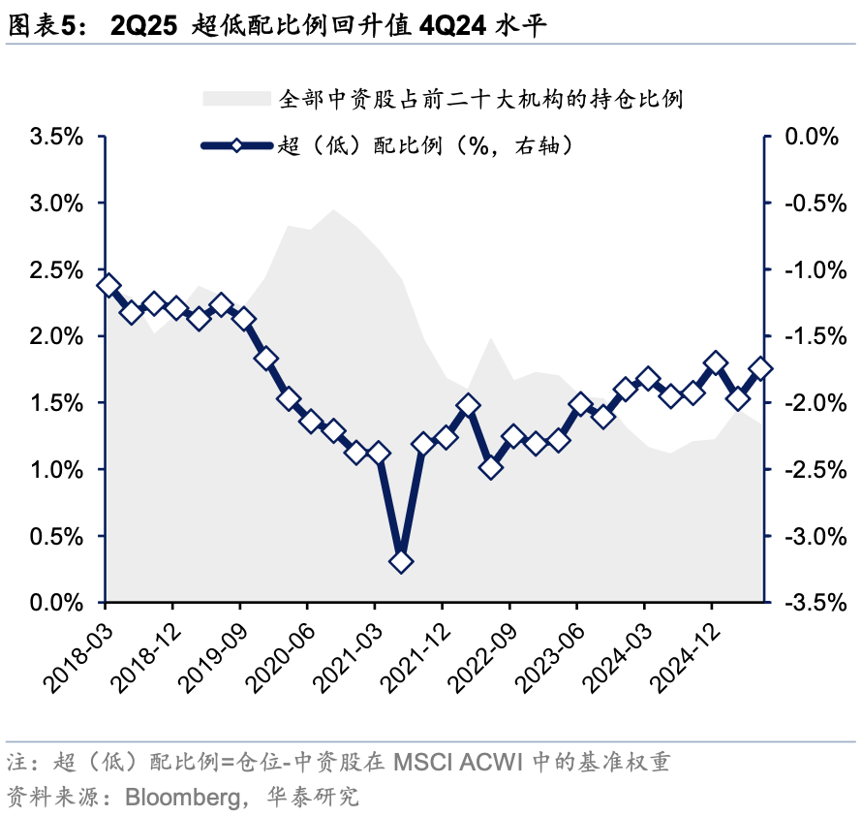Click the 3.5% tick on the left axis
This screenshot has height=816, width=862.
click(57, 137)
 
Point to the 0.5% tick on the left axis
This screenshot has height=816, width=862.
click(57, 536)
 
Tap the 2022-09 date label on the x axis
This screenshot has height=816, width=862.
click(479, 660)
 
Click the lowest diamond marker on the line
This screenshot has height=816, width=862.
click(401, 561)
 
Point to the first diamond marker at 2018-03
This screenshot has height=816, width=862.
click(108, 285)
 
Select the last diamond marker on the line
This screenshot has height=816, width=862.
click(760, 368)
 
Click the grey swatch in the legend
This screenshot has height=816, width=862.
click(235, 98)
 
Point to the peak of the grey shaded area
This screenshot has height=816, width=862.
click(334, 209)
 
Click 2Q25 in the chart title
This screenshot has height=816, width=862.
click(144, 26)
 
